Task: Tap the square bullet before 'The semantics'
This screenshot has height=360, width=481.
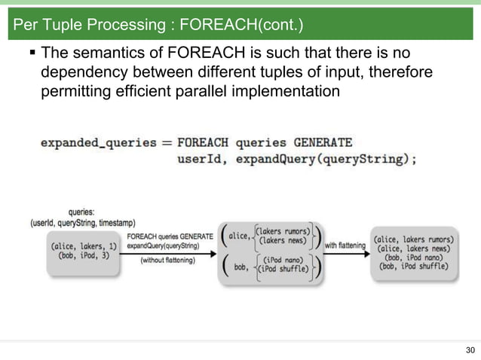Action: pyautogui.click(x=32, y=54)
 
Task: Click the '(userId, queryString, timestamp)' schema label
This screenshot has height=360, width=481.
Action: pyautogui.click(x=82, y=223)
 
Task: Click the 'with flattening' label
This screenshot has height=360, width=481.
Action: pyautogui.click(x=345, y=245)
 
